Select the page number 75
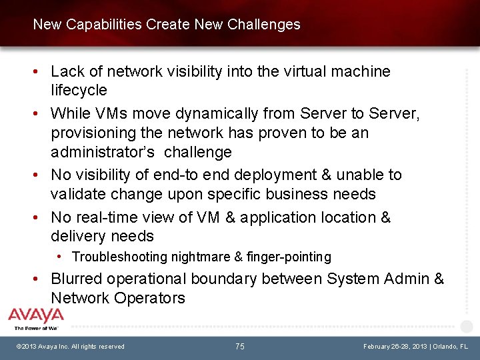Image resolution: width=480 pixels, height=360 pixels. [x=240, y=347]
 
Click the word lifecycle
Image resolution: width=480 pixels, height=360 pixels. [x=79, y=90]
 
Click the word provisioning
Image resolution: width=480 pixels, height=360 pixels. [x=93, y=133]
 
